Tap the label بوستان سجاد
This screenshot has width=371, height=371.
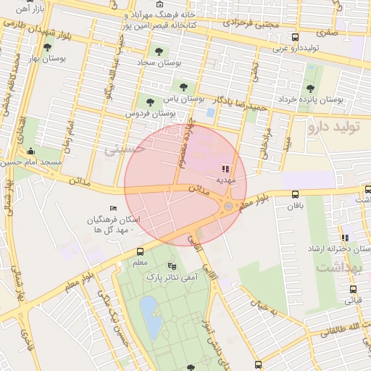[159, 63]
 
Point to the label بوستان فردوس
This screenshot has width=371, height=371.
[151, 114]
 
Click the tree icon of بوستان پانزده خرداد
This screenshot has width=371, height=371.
[310, 88]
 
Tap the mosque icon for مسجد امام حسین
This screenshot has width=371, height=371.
[30, 152]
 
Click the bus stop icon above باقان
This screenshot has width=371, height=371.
[295, 194]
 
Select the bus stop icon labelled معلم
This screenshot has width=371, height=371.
[140, 251]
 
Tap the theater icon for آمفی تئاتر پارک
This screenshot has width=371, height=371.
[172, 266]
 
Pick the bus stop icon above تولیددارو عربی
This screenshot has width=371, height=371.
[294, 38]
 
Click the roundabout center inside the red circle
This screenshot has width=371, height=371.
[228, 207]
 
